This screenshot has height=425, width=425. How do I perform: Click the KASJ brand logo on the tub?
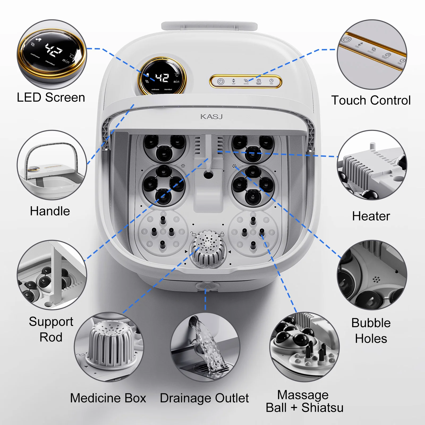coord(211,117)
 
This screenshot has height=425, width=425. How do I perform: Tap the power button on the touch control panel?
coord(221,82)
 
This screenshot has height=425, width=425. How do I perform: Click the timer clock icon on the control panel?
coord(271,81)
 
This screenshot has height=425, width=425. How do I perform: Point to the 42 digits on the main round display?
coord(162,78)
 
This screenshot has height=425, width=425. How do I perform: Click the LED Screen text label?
coord(51,97)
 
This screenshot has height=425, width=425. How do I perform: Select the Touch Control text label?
coord(371,100)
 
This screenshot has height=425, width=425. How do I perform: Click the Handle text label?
coord(50,211)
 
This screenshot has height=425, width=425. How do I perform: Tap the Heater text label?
coord(371,216)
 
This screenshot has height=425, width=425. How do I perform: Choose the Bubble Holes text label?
coord(371,331)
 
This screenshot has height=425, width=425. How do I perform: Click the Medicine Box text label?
coord(108,398)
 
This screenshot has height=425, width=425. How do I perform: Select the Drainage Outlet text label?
coord(204,398)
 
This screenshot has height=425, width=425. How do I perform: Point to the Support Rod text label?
coord(51,329)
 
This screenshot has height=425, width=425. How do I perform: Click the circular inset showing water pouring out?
coord(205,347)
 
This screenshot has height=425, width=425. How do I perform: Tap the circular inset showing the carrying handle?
coord(52,165)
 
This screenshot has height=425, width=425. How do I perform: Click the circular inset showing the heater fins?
coord(372,165)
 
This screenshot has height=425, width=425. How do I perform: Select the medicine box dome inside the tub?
coord(208,248)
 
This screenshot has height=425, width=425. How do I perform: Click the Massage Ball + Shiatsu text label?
coord(304,401)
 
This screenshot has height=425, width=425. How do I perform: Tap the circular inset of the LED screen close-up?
coord(52,54)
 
